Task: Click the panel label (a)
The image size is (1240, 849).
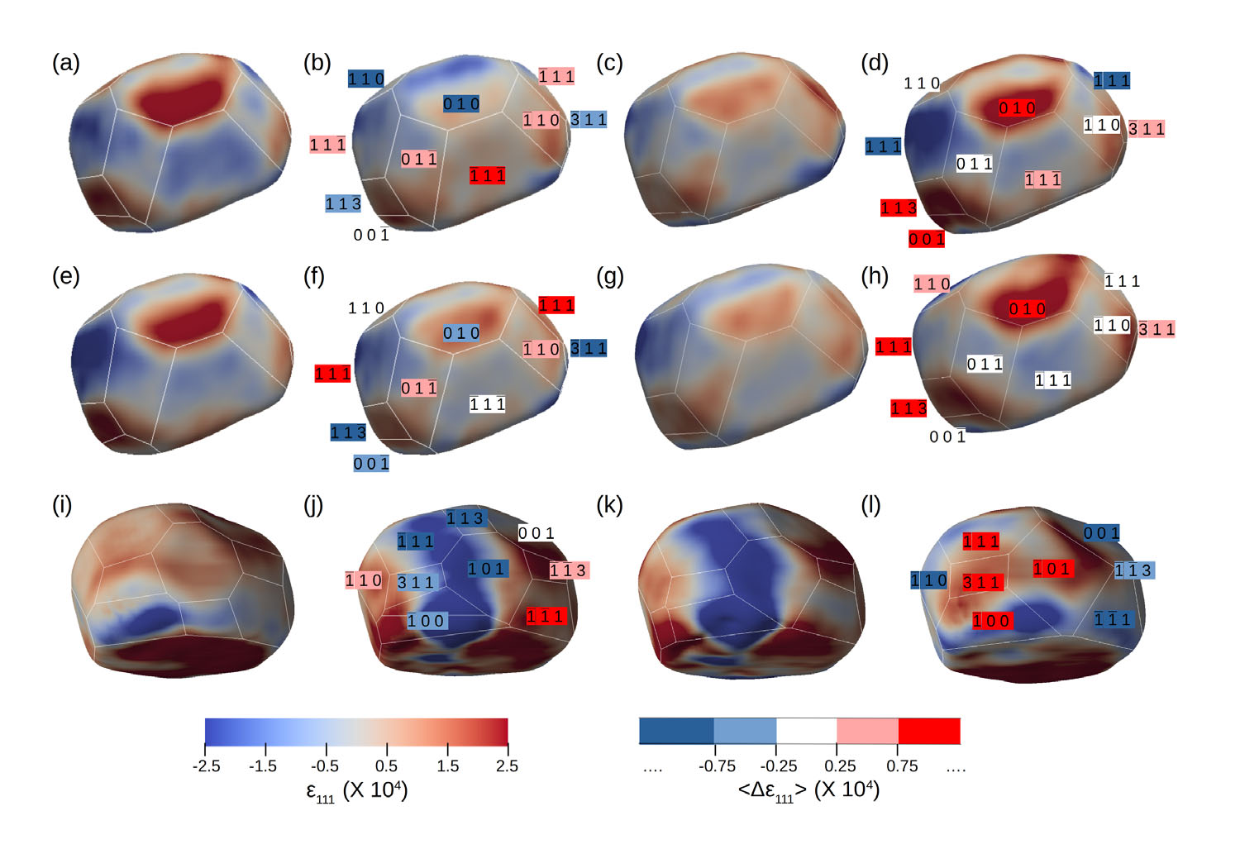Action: (66, 64)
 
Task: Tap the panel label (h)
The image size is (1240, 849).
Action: (875, 276)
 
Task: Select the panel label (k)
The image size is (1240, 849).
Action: (609, 505)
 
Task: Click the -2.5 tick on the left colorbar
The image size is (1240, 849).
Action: (206, 766)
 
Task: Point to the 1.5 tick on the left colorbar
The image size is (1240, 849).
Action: (447, 766)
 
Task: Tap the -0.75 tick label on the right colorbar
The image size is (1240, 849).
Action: (717, 766)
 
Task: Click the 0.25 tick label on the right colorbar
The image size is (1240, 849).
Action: (840, 766)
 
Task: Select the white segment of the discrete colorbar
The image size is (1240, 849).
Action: (806, 731)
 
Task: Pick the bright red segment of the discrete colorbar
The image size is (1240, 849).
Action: (929, 731)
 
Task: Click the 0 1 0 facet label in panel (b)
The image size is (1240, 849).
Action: (461, 104)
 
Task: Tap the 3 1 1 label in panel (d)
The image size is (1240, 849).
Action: (1147, 129)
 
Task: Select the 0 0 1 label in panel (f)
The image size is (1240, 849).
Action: (371, 465)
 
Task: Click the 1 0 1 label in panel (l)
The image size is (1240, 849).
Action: (1052, 569)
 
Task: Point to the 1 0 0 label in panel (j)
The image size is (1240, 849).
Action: (427, 621)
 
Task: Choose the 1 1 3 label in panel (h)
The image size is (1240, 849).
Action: (909, 408)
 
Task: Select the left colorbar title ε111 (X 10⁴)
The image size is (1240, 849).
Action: (357, 791)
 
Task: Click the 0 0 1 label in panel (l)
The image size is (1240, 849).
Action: (1102, 534)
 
